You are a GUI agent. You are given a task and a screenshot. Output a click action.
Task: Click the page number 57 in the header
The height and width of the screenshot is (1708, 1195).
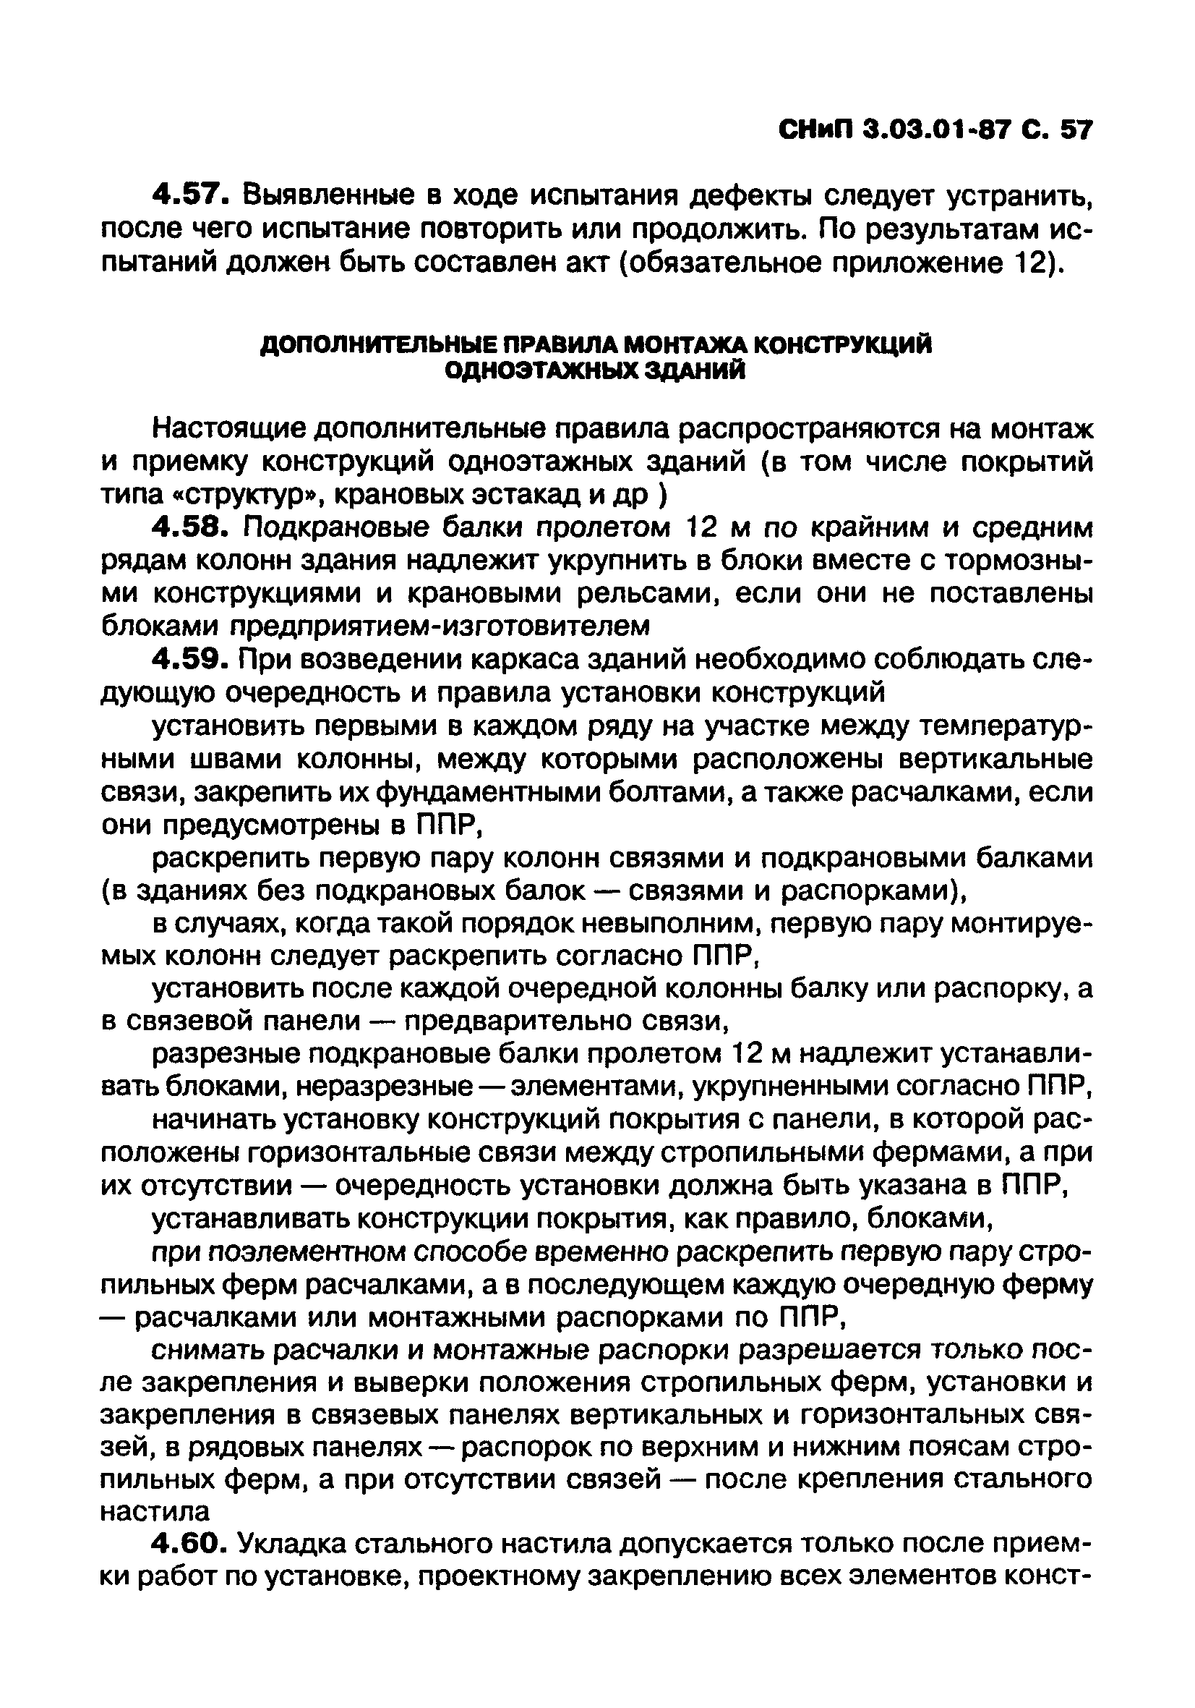(1076, 131)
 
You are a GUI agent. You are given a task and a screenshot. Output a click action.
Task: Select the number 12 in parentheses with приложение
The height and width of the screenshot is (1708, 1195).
(1032, 263)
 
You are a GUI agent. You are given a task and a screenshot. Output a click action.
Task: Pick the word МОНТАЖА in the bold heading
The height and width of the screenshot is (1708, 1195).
(680, 346)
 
